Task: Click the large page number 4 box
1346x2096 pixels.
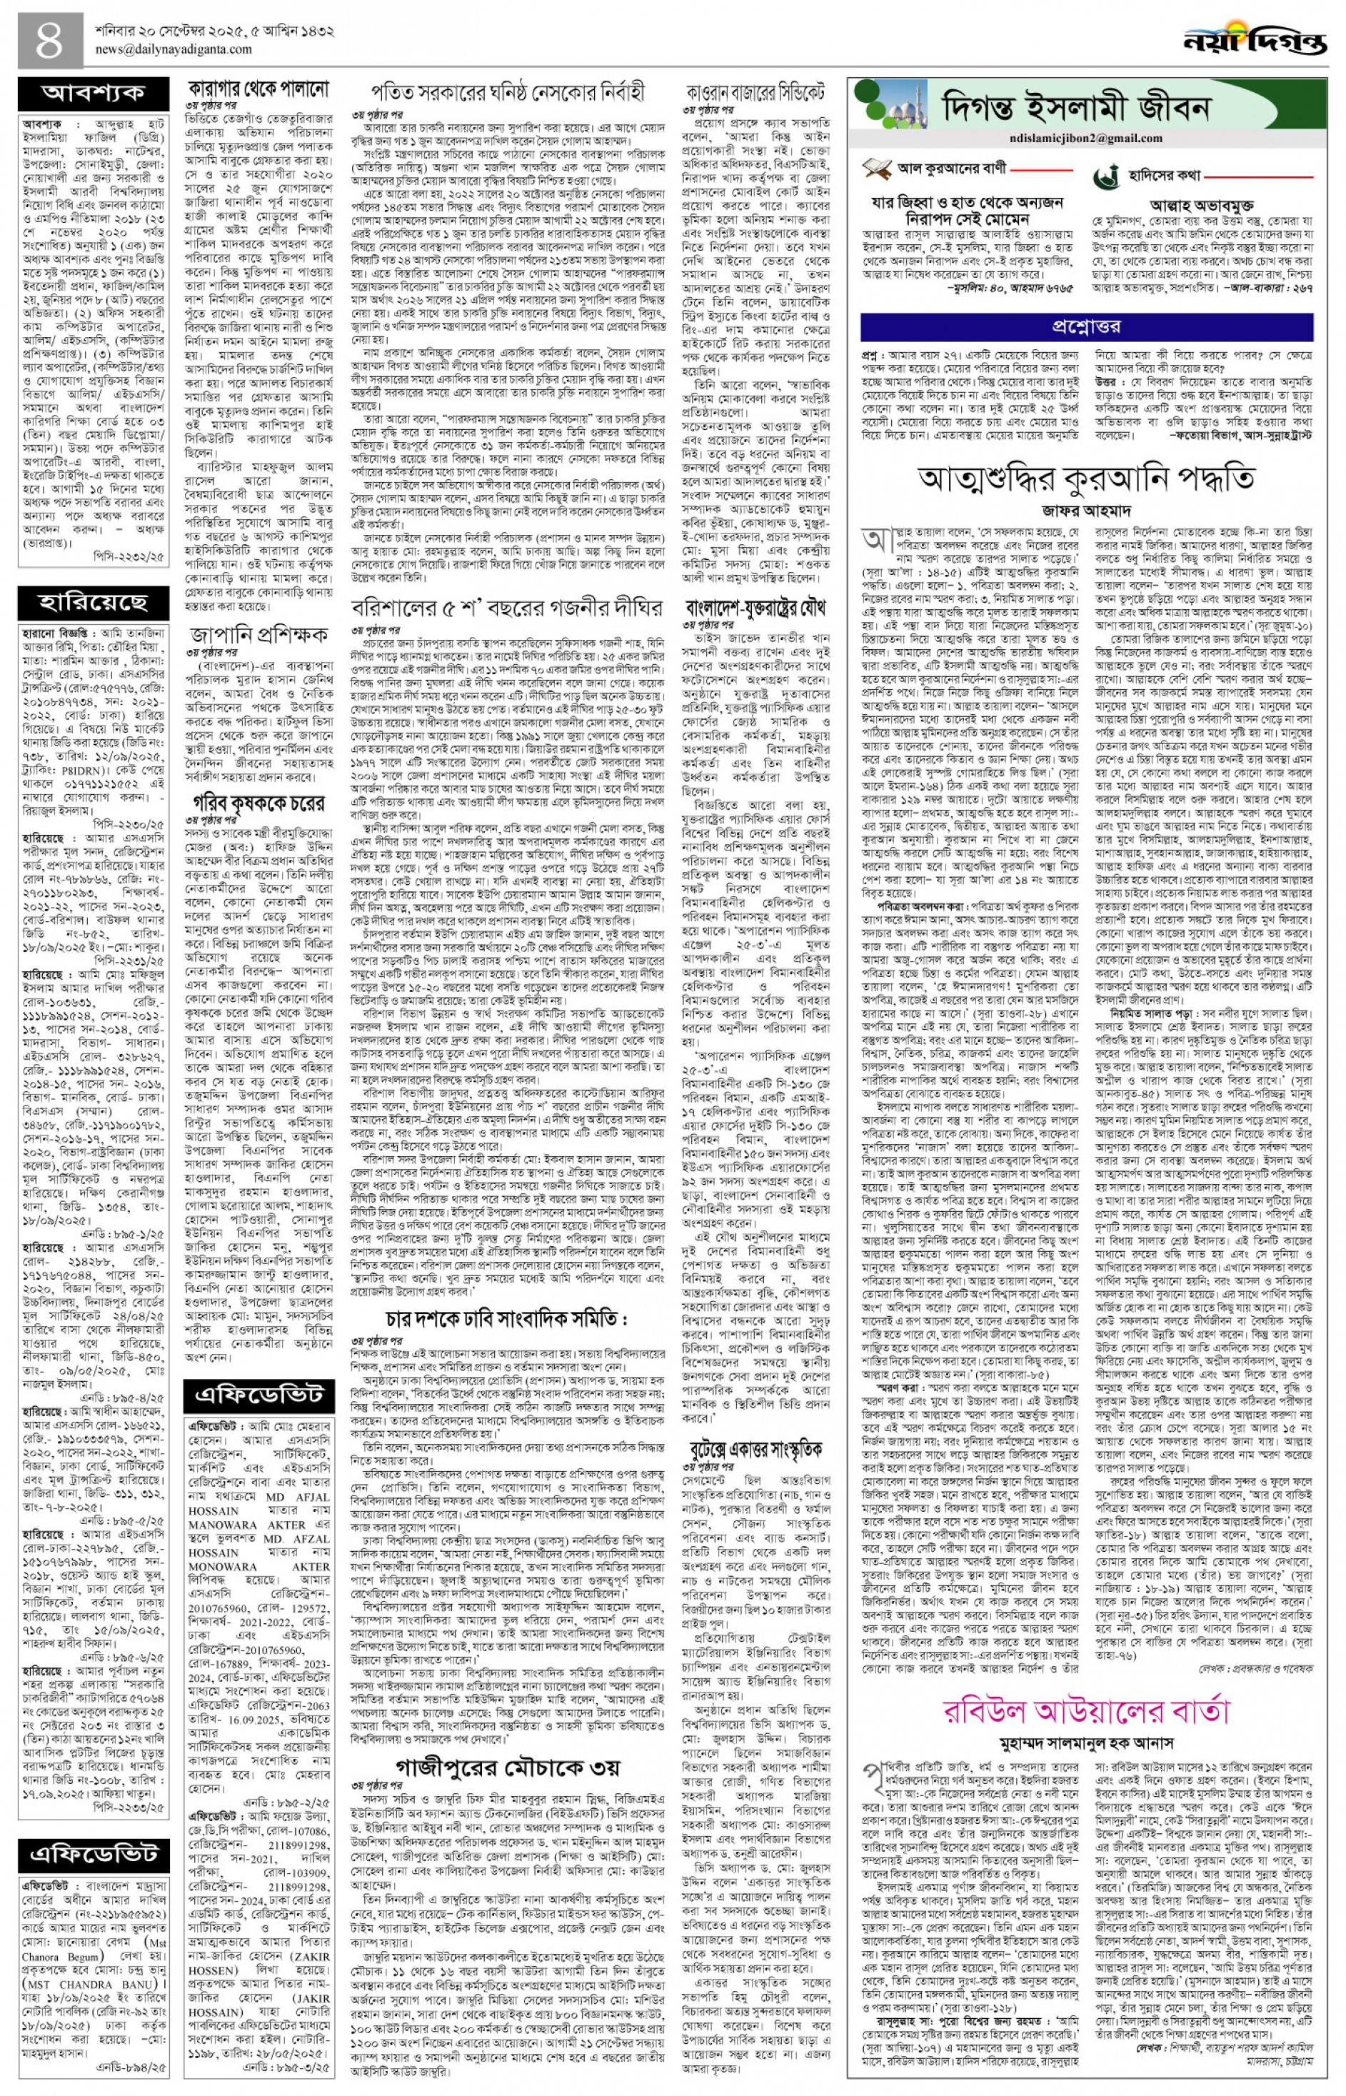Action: coord(49,39)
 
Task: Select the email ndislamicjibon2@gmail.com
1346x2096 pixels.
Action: coord(1085,137)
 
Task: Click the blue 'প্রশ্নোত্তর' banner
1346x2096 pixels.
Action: coord(1085,326)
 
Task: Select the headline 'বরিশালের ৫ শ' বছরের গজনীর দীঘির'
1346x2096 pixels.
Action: coord(508,608)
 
